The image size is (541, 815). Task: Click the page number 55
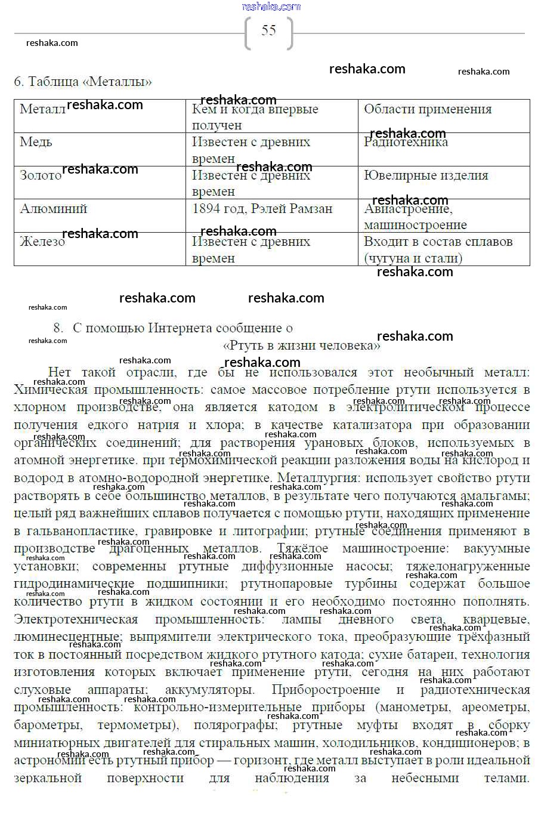(269, 31)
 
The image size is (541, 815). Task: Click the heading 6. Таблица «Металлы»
(83, 82)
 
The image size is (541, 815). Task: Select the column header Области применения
(428, 109)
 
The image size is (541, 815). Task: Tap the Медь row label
(36, 142)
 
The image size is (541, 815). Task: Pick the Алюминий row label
(54, 209)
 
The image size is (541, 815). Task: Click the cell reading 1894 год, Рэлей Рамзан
(262, 209)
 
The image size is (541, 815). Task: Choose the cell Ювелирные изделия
(426, 175)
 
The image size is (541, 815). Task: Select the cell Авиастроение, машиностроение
(415, 217)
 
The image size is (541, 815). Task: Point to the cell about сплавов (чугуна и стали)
(438, 250)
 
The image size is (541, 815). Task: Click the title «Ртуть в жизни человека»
(301, 345)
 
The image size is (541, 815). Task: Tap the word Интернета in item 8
(180, 328)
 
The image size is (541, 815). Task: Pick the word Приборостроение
(326, 690)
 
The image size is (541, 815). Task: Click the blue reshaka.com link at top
(271, 7)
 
